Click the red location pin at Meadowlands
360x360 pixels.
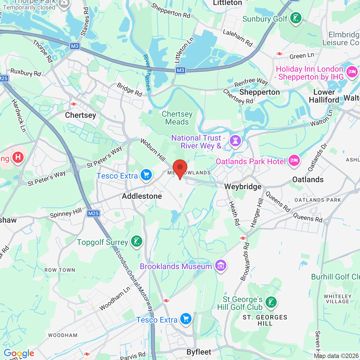tap(180, 168)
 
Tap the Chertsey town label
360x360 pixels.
tap(80, 115)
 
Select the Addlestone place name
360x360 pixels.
tap(142, 196)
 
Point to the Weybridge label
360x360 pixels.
tap(243, 187)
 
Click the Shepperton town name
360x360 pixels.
tap(259, 92)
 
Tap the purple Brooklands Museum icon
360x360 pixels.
tap(221, 265)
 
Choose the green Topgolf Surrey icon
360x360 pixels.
tap(137, 241)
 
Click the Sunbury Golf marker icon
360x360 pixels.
tap(296, 18)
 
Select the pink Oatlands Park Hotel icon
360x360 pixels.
tap(294, 161)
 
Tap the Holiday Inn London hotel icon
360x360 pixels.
tap(352, 72)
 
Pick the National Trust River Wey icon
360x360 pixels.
tap(235, 140)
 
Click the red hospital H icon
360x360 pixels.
tap(18, 157)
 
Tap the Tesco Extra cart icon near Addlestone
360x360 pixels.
tap(146, 175)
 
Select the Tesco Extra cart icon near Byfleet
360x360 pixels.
tap(186, 319)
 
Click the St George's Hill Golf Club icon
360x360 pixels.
tap(271, 302)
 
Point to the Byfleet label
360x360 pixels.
tap(199, 352)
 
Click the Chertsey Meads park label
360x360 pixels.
tap(177, 118)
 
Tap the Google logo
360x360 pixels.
tap(19, 353)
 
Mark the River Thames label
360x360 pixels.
tap(147, 72)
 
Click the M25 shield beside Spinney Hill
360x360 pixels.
tap(93, 213)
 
